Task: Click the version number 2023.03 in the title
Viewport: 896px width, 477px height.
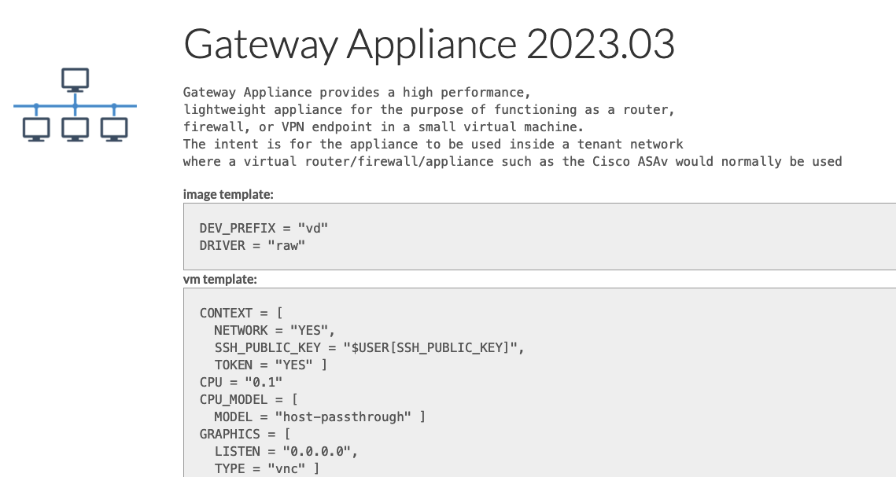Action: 600,45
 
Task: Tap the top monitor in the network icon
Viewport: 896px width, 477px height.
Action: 75,79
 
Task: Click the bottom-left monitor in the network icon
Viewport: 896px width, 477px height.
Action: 36,129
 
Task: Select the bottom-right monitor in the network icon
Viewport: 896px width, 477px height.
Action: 114,129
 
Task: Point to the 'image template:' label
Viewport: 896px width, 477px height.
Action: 228,194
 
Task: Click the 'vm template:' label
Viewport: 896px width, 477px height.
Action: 220,279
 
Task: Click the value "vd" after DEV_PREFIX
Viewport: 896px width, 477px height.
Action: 312,228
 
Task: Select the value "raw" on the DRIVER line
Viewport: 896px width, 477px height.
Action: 286,245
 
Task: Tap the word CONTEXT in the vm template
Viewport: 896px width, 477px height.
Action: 226,313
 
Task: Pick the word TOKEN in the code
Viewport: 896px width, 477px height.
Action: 233,365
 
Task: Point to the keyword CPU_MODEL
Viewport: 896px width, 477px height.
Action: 233,399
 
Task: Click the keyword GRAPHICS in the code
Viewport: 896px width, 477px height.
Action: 229,434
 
